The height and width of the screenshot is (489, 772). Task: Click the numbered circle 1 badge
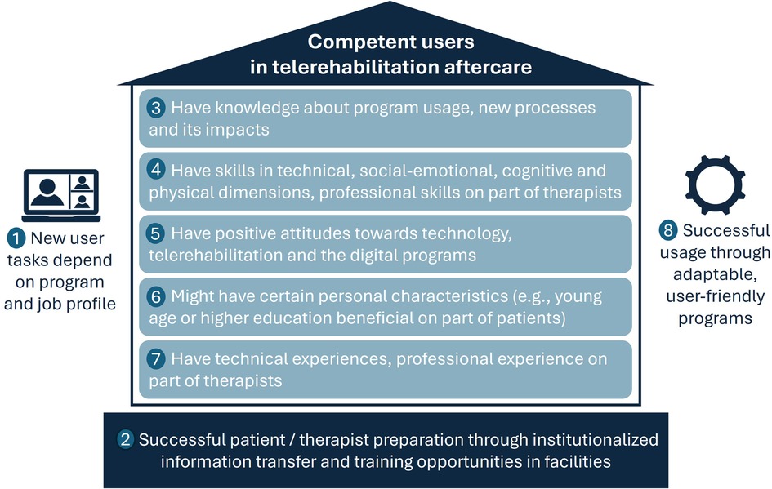16,238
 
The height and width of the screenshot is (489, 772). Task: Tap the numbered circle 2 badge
126,440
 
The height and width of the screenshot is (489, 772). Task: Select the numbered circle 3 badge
156,108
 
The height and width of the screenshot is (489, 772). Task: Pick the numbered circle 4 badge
156,171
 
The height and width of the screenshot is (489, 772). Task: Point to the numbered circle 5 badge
156,233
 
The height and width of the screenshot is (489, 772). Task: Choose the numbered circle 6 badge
156,296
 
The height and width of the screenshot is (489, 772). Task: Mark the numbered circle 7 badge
156,359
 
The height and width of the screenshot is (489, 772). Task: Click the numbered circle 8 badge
670,231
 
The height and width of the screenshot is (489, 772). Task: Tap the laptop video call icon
63,195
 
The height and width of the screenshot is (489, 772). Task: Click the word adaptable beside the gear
716,274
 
